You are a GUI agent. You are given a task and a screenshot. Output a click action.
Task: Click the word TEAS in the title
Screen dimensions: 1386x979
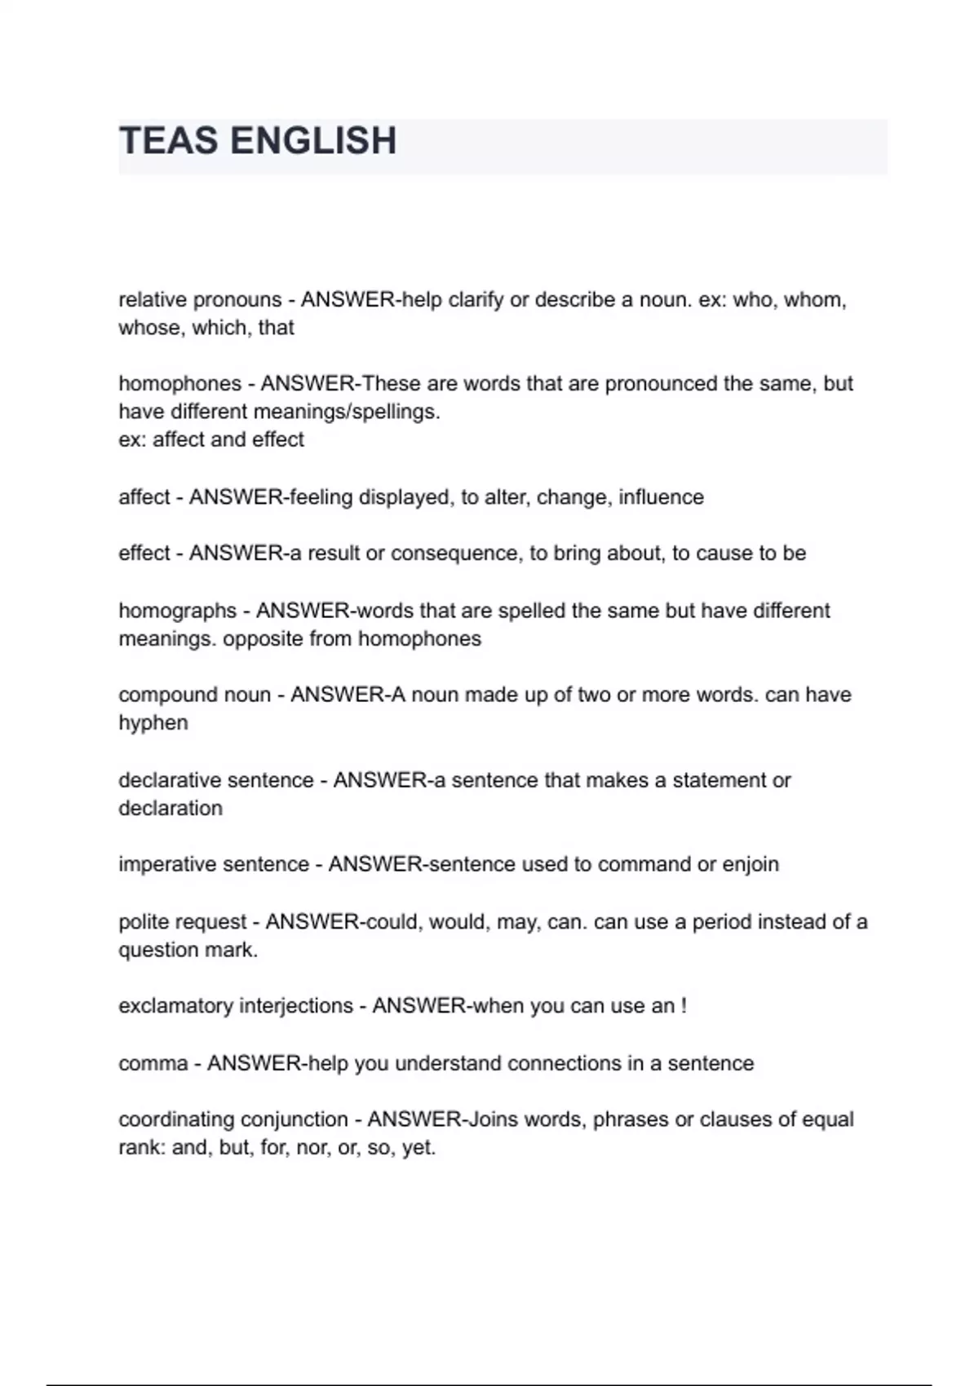click(x=170, y=141)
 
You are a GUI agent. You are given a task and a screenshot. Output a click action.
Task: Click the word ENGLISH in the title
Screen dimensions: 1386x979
click(x=314, y=141)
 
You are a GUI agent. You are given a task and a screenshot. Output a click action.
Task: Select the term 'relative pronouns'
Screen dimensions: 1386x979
click(x=200, y=300)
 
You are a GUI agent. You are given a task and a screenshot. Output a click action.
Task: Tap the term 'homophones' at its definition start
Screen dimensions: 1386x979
click(x=180, y=384)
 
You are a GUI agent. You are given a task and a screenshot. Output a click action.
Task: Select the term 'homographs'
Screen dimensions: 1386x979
click(x=178, y=611)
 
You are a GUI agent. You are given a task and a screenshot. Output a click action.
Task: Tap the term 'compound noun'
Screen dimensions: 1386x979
click(x=194, y=695)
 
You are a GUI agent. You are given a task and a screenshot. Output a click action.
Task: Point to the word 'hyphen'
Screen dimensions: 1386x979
click(x=153, y=723)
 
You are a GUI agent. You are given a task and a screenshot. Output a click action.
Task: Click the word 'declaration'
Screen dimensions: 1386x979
click(x=171, y=808)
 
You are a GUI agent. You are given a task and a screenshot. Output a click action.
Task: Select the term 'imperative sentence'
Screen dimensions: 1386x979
click(x=214, y=864)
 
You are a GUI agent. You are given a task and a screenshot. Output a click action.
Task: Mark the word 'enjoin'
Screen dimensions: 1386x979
click(x=751, y=864)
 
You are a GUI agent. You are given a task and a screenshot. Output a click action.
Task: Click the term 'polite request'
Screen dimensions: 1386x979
click(x=183, y=922)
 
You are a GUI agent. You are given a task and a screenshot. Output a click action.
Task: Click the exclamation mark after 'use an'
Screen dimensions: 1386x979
click(x=684, y=1006)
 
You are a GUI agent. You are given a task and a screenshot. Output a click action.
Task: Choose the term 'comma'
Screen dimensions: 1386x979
click(x=153, y=1064)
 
